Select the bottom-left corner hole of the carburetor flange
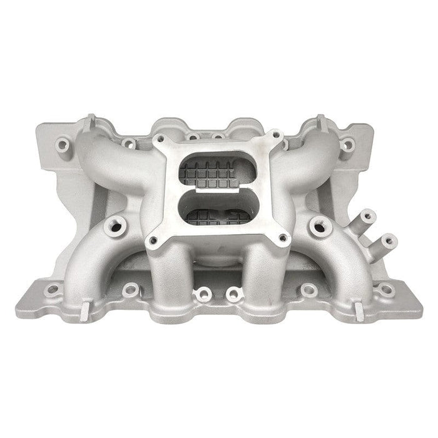coord(152,238)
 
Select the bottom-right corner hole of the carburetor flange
coord(282,237)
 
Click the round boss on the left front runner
coord(115,223)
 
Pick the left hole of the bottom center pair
coord(201,293)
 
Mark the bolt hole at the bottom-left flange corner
coord(54,289)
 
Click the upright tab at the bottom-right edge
coord(360,305)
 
